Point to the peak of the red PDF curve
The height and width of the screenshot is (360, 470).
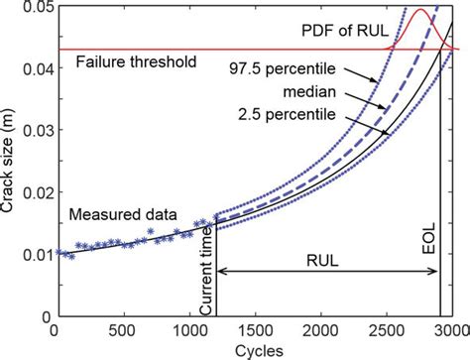417,11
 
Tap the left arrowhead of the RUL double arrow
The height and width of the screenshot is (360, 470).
221,270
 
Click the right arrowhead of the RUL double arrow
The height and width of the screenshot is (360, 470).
433,270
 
